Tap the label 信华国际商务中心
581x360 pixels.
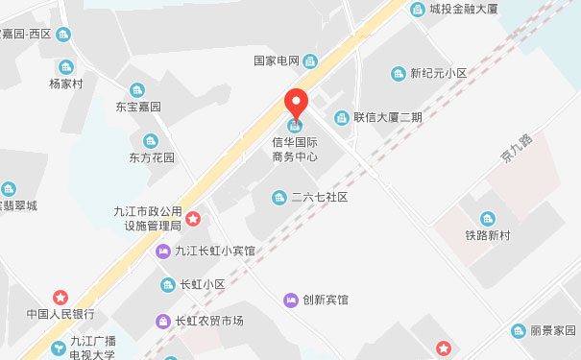tap(295, 149)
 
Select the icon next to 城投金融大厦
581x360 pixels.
tap(417, 10)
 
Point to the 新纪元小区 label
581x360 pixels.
tap(437, 73)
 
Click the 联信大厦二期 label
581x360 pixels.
tap(387, 117)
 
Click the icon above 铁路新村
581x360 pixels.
tap(487, 219)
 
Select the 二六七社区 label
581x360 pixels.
tap(318, 197)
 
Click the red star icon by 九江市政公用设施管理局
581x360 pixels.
tap(193, 219)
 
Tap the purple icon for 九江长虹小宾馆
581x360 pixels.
tap(163, 252)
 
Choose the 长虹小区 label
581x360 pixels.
tap(202, 284)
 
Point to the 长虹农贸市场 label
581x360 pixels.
tap(208, 321)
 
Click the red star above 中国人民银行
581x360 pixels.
tap(61, 297)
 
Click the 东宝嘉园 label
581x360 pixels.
tap(138, 107)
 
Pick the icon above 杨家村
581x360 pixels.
tap(66, 66)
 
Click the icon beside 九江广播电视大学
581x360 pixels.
tap(59, 348)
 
